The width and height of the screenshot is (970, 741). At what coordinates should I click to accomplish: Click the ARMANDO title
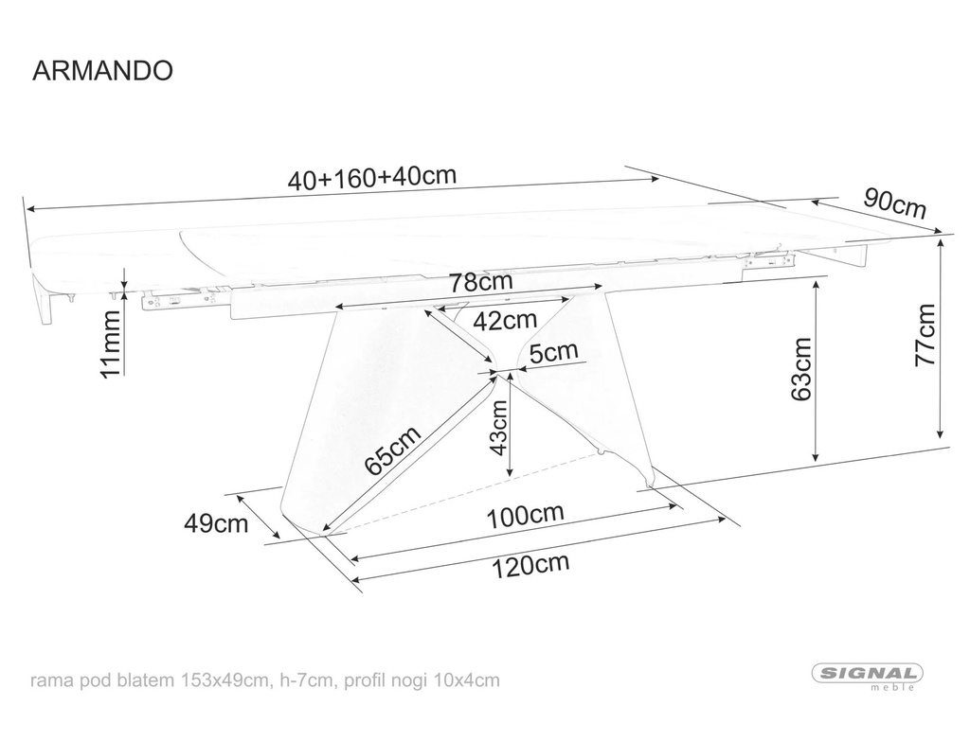[x=102, y=70]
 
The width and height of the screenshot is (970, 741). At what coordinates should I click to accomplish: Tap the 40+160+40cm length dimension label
[x=372, y=177]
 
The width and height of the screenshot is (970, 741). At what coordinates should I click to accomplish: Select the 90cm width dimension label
[x=895, y=203]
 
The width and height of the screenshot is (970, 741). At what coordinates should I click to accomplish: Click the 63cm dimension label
[x=801, y=369]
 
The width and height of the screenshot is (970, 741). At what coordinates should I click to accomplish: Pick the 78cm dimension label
[x=481, y=282]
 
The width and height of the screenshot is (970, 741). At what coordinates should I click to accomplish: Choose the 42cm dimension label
[x=505, y=320]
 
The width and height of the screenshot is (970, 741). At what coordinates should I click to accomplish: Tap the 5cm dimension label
[x=553, y=353]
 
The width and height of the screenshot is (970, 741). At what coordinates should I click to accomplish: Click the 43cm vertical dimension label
[x=497, y=427]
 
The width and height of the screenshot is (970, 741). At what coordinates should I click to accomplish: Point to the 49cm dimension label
[x=216, y=523]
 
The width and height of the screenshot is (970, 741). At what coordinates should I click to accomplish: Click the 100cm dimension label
[x=526, y=516]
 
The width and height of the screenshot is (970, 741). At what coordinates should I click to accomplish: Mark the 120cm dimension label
[x=530, y=566]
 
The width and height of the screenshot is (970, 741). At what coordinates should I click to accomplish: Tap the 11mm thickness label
[x=112, y=344]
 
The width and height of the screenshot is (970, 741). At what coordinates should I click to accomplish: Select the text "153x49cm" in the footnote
[x=225, y=680]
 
